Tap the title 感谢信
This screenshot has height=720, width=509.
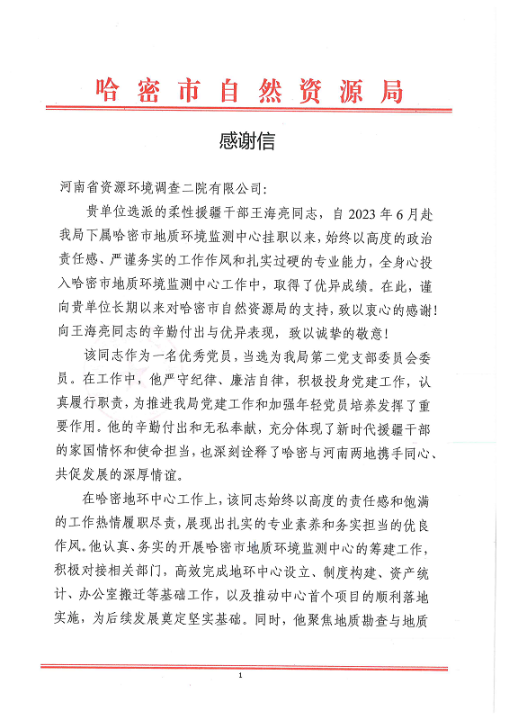(246, 142)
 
